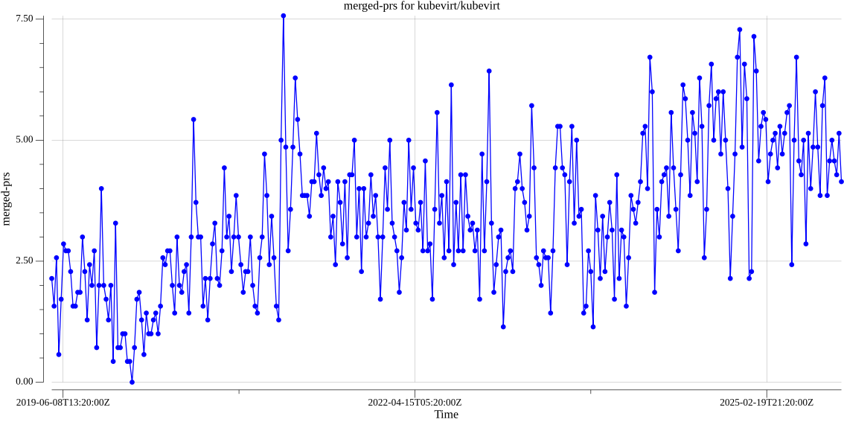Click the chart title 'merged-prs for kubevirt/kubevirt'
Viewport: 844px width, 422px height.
click(x=421, y=6)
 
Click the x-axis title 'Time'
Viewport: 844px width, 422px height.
click(x=446, y=415)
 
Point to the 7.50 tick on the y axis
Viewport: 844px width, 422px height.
click(x=29, y=19)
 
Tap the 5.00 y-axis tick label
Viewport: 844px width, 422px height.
click(x=29, y=140)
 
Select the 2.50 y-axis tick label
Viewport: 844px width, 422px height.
click(x=29, y=260)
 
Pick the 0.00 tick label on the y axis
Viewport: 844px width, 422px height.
click(x=29, y=382)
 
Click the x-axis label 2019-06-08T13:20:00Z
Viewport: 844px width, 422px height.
click(x=63, y=403)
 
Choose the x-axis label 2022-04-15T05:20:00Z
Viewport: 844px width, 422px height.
click(x=415, y=403)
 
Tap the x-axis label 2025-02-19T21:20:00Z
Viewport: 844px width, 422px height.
click(x=766, y=403)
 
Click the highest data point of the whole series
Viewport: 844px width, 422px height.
click(x=284, y=16)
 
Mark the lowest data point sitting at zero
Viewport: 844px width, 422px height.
click(x=132, y=382)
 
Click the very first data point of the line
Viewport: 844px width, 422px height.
click(x=51, y=278)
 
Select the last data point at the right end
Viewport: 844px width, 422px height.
click(x=841, y=181)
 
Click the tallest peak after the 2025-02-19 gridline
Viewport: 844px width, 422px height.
click(x=796, y=57)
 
